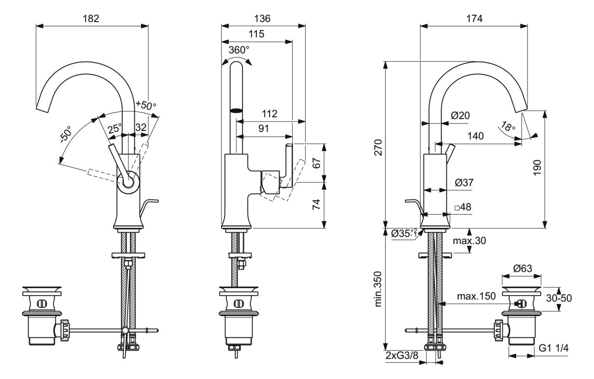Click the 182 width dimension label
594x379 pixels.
91,19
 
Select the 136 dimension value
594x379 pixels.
263,19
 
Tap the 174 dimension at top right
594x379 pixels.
474,19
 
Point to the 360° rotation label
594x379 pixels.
239,50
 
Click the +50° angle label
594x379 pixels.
146,105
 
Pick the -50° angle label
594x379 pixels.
66,134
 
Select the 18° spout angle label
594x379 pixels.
508,127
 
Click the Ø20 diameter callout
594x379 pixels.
460,116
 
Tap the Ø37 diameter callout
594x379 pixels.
464,183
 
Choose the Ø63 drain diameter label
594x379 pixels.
522,268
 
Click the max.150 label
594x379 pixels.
476,296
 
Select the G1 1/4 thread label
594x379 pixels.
553,348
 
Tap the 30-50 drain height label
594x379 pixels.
559,298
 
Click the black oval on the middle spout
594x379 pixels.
236,110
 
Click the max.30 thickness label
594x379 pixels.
469,241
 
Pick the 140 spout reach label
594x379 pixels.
476,136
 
